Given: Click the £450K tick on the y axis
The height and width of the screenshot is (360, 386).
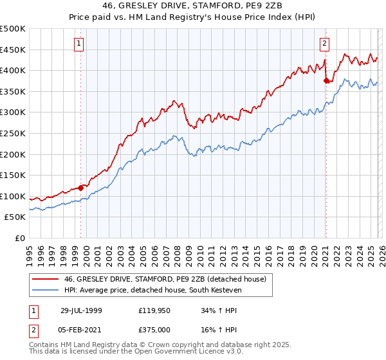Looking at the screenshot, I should pyautogui.click(x=14, y=50).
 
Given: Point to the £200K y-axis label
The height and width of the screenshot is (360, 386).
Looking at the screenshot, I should pyautogui.click(x=14, y=154).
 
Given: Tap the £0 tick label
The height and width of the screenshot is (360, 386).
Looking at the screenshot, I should pyautogui.click(x=21, y=238).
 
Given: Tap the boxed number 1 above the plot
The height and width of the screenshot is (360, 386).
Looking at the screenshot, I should pyautogui.click(x=79, y=44).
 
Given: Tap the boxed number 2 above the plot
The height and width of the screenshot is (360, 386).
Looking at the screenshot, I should pyautogui.click(x=324, y=44).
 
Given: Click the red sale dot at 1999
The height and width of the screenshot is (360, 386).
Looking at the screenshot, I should pyautogui.click(x=81, y=188).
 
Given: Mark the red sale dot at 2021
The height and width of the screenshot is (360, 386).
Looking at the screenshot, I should pyautogui.click(x=326, y=81).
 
